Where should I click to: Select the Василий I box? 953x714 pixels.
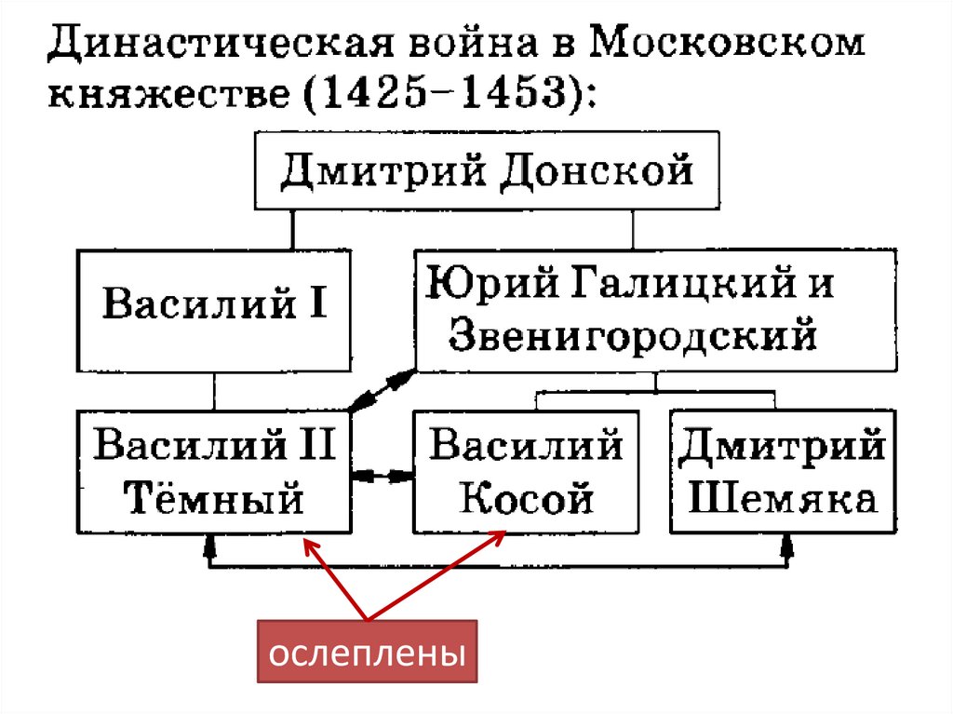click(x=215, y=306)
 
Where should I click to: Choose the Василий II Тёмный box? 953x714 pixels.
click(x=215, y=472)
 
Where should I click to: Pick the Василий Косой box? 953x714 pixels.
click(x=525, y=472)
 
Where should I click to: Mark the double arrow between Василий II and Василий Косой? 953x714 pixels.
click(x=383, y=475)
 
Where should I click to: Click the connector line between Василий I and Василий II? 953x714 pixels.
click(x=215, y=391)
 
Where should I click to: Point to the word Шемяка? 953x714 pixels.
click(x=783, y=500)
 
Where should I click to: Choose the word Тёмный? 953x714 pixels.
click(x=215, y=500)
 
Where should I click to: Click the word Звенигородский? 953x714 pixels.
click(x=633, y=335)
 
